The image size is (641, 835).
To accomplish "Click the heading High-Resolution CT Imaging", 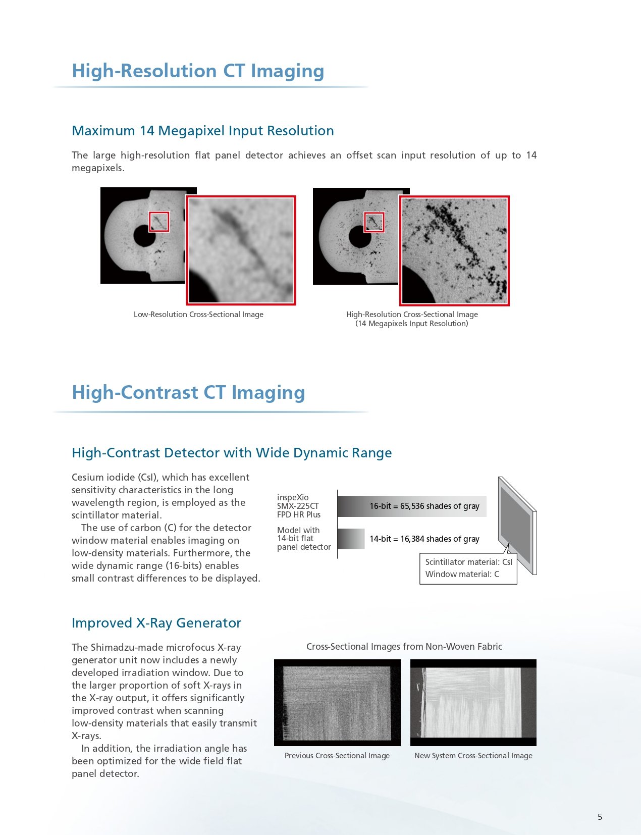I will (x=198, y=71).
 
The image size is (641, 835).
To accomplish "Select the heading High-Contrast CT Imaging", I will (x=188, y=393).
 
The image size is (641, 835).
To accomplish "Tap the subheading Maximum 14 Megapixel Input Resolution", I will (x=202, y=131).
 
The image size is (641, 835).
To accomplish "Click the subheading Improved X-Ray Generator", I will (x=156, y=623).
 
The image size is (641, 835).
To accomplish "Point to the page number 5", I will (x=600, y=817).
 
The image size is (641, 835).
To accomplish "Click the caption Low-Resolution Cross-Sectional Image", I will (x=198, y=315).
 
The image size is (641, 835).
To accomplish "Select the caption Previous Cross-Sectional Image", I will (x=337, y=756).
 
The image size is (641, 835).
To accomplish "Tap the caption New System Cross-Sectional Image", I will (x=473, y=756).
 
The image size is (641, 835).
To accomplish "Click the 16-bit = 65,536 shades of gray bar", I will (x=411, y=506).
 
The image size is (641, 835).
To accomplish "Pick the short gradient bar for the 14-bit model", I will (x=351, y=539).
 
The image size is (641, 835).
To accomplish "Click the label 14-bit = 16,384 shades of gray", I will (x=424, y=539).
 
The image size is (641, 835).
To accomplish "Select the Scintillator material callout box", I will (x=468, y=568).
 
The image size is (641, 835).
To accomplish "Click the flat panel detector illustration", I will (x=516, y=525).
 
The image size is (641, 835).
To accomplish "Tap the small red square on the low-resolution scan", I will (x=159, y=222).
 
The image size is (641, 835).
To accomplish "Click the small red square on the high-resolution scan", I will (x=374, y=222).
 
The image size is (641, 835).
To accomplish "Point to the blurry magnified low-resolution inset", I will (x=241, y=250).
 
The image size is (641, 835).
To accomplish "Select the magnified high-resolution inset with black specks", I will (x=454, y=251).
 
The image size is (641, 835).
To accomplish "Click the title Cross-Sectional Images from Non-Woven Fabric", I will (x=404, y=647).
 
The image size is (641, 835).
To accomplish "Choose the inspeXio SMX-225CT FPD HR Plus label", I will (x=298, y=506).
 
